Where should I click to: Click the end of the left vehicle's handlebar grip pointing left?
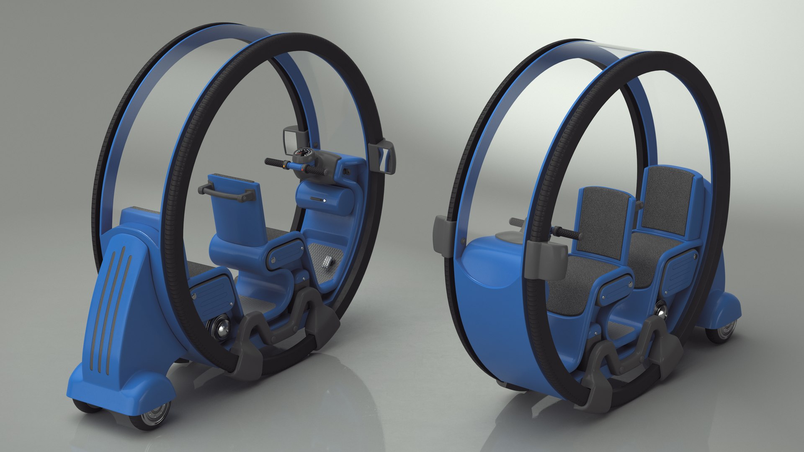coord(267,161)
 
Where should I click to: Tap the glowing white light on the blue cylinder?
coord(325,200)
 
